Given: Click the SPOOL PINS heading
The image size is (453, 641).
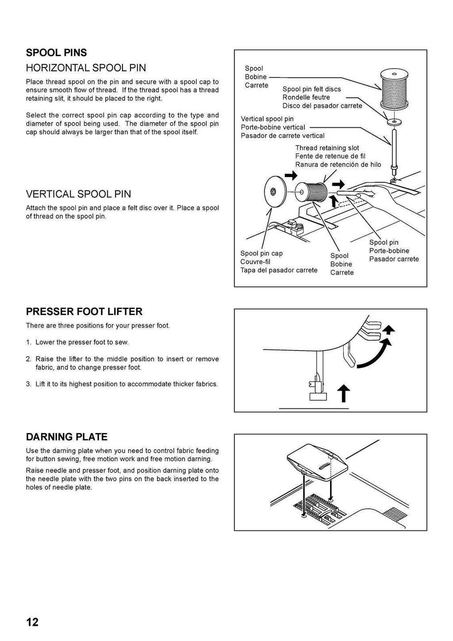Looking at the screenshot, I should [56, 53].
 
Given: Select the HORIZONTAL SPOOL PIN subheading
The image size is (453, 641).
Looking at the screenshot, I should [86, 68].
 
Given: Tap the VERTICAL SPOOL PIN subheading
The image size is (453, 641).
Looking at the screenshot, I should [78, 194].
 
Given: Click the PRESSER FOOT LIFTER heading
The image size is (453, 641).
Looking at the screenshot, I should [84, 311].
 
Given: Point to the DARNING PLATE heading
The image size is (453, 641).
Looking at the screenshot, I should [67, 437].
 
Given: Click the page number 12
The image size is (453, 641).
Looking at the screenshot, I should [32, 622].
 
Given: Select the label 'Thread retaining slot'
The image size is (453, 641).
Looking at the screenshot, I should [327, 148].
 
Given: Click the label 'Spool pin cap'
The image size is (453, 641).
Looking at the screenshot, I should [261, 253].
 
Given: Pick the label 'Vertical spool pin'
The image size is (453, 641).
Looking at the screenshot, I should [267, 119].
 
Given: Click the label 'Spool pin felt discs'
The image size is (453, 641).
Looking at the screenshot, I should [311, 89].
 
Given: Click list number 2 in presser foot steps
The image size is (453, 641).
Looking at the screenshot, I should [28, 359].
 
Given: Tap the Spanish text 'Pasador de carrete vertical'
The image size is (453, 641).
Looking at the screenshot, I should [282, 135].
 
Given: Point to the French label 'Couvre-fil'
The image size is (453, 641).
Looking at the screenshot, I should [255, 261].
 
